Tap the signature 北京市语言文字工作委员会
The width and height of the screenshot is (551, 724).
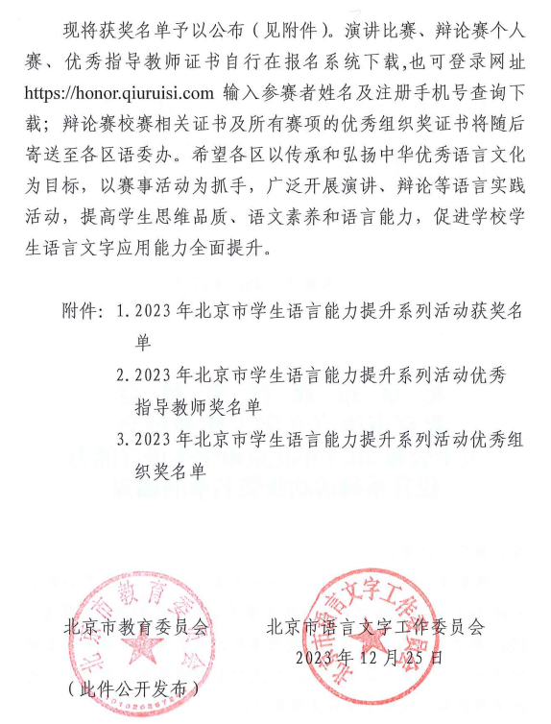coord(377,627)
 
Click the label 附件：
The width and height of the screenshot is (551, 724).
coord(83,312)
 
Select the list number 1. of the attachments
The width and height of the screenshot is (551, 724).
coord(123,312)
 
